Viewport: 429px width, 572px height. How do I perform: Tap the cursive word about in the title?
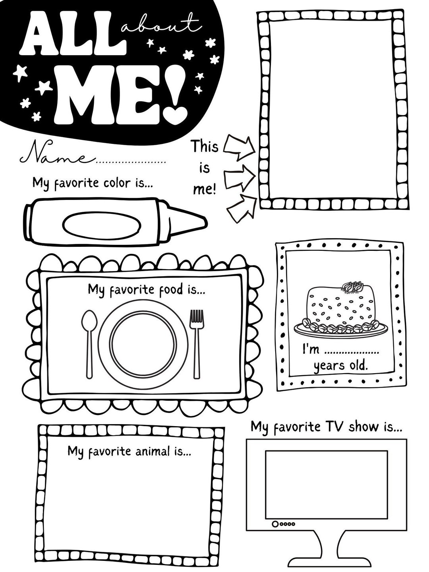tap(161, 25)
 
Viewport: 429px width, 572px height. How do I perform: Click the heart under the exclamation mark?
tap(178, 114)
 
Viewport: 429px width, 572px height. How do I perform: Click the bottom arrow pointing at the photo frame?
tap(242, 208)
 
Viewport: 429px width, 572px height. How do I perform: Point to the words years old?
tap(341, 366)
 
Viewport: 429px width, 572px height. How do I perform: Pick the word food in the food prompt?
tap(168, 290)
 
